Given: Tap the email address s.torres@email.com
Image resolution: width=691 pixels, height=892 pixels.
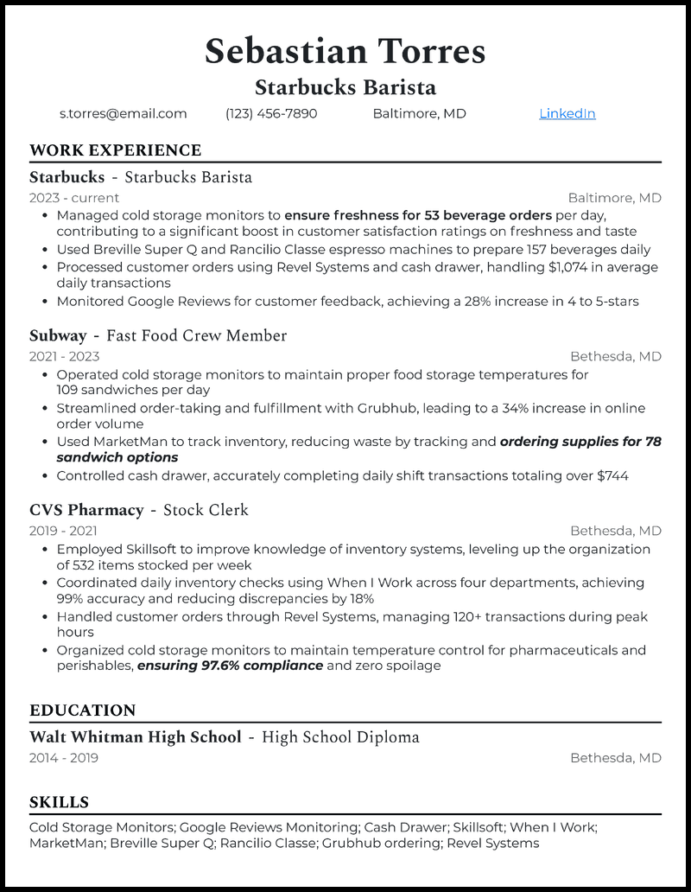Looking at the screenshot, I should pos(123,113).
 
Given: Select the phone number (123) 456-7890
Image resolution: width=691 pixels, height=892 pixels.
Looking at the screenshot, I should pos(271,113).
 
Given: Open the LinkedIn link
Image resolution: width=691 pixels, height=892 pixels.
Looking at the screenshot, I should pos(567,113).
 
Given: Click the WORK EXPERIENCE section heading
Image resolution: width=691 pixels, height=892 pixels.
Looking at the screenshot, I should pos(115,150).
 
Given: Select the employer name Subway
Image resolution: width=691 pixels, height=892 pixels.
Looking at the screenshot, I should pos(58,335).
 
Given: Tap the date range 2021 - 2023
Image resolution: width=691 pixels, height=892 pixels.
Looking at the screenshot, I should pos(64,356).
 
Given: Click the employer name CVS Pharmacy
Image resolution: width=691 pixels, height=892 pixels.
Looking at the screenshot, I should pos(86,510).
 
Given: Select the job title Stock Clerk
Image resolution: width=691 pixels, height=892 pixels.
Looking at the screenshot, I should pos(206,510).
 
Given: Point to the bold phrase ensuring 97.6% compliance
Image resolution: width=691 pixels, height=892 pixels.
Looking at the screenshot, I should pos(230,666).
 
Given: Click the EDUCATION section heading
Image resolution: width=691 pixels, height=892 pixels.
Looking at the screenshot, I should pos(82,710).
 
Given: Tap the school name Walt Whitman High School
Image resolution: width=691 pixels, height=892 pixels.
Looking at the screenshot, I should pos(136,737).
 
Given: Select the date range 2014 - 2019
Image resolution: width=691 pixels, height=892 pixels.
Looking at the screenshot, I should pos(64,758).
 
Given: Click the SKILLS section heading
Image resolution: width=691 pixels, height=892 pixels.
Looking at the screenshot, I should pos(59,802).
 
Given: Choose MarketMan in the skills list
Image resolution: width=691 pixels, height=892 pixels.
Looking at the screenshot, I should pos(66,843).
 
